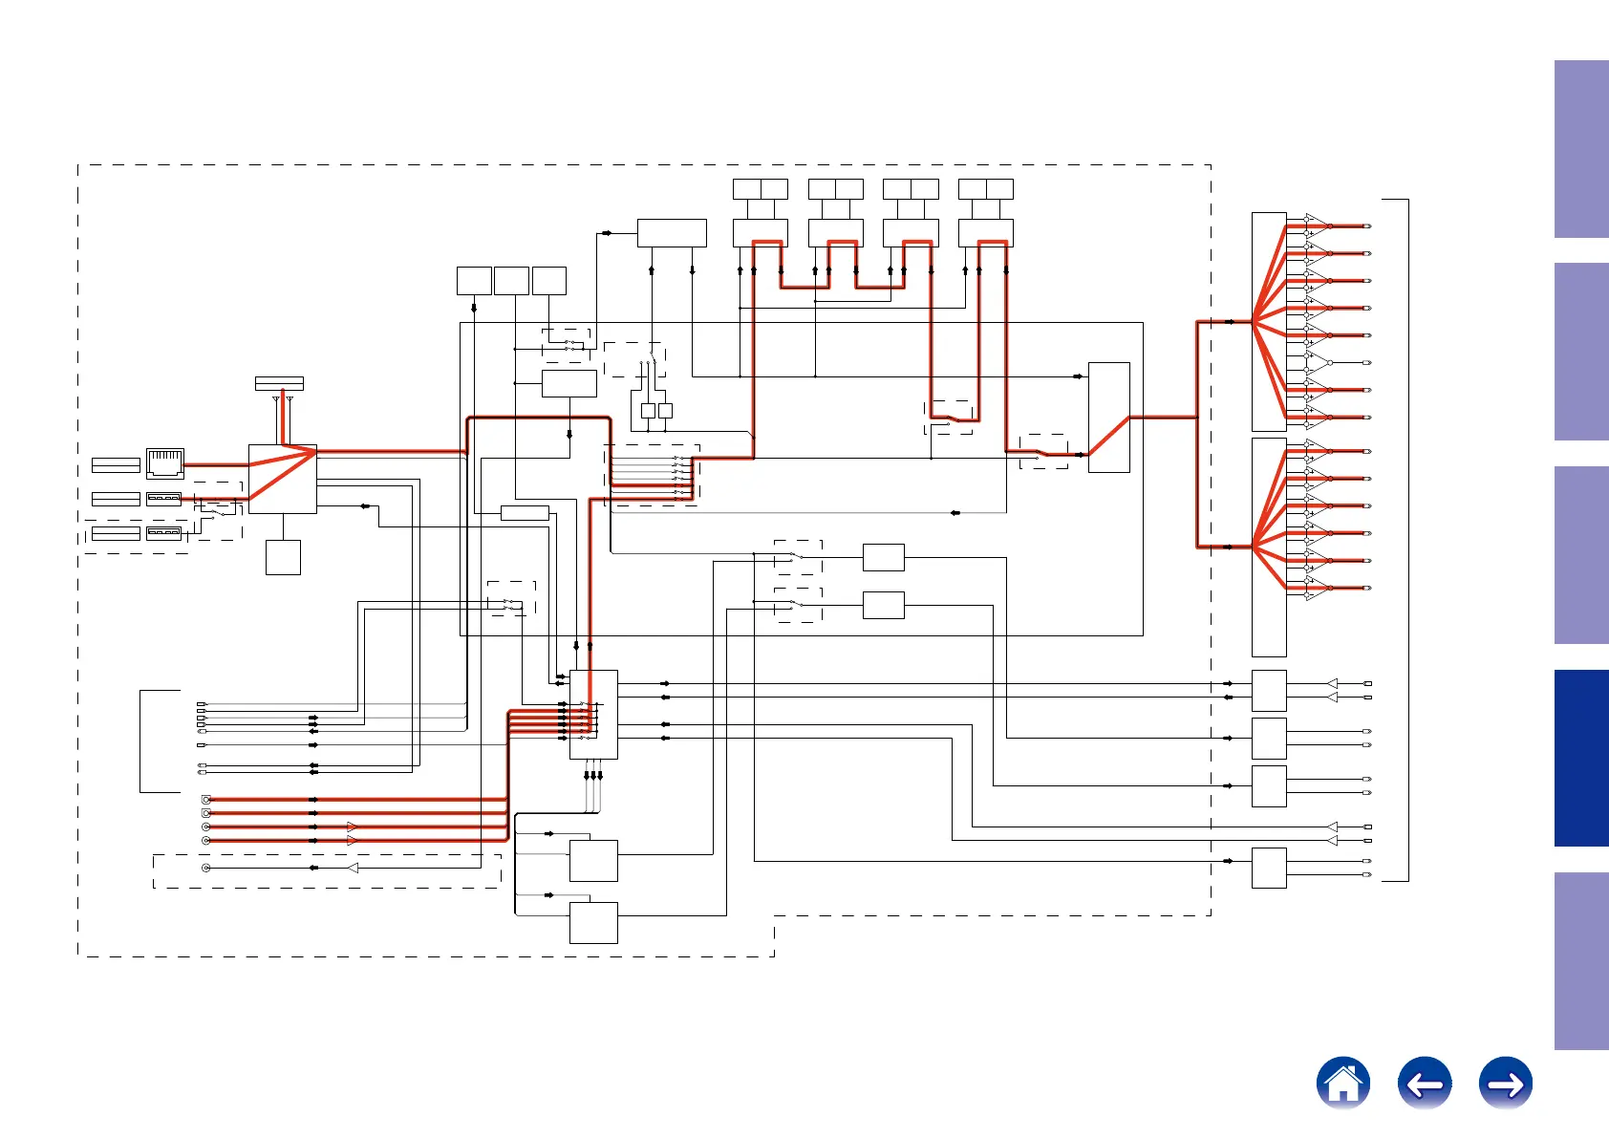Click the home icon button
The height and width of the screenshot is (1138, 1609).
1342,1084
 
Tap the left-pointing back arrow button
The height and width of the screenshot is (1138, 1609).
1424,1084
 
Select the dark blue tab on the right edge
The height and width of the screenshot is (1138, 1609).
1581,758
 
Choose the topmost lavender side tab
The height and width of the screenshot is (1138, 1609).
1581,149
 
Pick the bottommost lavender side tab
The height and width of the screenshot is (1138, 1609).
1581,960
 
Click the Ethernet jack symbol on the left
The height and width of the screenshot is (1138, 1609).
164,463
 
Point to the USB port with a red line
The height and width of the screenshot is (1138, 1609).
163,499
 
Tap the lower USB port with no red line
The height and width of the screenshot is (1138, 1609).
163,532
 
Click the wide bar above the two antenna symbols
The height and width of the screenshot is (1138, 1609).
279,383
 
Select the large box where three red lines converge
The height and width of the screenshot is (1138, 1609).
282,479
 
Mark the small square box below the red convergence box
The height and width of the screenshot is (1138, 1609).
283,557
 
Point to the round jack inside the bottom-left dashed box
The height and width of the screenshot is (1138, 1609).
205,868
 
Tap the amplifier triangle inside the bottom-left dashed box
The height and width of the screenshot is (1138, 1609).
353,868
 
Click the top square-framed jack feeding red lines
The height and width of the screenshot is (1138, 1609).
205,799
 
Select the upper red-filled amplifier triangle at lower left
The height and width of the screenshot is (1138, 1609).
352,827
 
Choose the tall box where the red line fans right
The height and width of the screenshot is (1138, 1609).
1108,417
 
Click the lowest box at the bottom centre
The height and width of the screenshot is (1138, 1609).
593,922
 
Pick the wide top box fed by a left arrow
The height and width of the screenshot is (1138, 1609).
671,233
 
